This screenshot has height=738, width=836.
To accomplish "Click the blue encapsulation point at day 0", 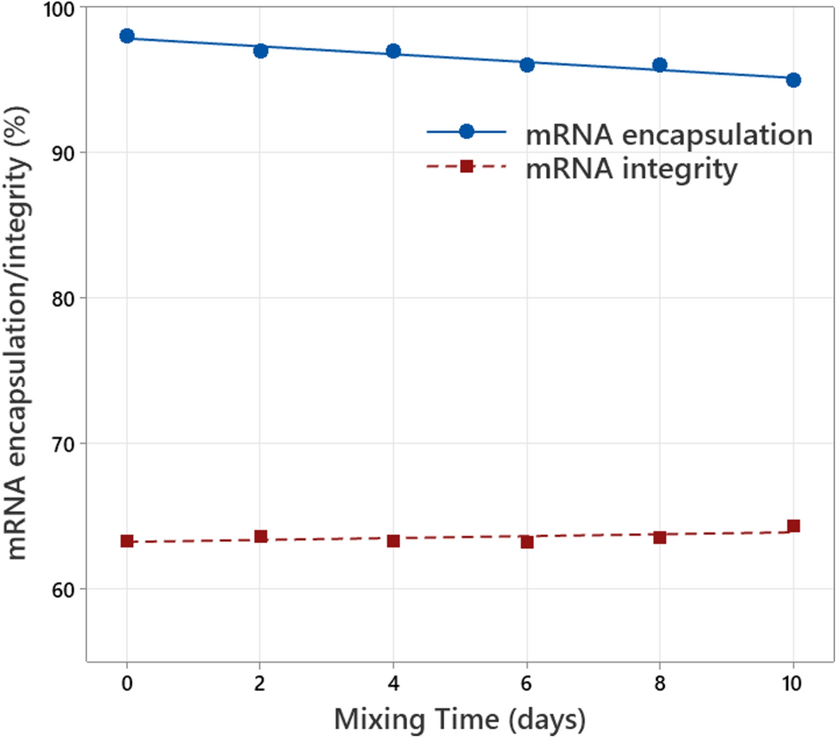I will pyautogui.click(x=127, y=36).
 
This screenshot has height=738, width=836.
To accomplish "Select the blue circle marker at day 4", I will pyautogui.click(x=394, y=51).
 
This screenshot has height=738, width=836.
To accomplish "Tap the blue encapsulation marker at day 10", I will pyautogui.click(x=793, y=80).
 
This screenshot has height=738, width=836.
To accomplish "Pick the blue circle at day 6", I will pyautogui.click(x=527, y=65).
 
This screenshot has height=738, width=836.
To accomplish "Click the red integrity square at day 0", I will pyautogui.click(x=127, y=541).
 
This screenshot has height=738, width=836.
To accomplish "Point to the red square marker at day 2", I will pyautogui.click(x=261, y=537).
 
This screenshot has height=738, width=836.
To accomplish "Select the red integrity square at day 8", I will pyautogui.click(x=660, y=538).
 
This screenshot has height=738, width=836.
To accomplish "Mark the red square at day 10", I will pyautogui.click(x=793, y=526).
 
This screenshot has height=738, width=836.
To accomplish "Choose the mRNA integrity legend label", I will pyautogui.click(x=630, y=169).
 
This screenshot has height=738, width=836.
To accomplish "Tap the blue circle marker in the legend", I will pyautogui.click(x=466, y=131).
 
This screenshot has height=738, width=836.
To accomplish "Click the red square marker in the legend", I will pyautogui.click(x=466, y=167).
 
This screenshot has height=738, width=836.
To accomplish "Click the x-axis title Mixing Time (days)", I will pyautogui.click(x=459, y=718).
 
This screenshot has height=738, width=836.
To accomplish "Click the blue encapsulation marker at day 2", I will pyautogui.click(x=261, y=51).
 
